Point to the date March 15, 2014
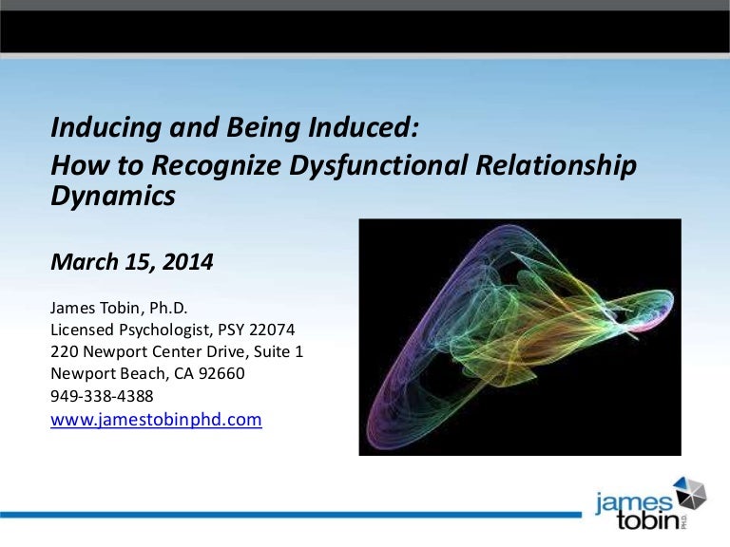tap(131, 262)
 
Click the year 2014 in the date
tap(188, 262)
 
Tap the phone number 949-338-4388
tap(102, 396)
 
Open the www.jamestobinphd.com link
tap(155, 419)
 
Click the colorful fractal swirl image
tap(519, 336)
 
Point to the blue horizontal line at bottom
tap(285, 514)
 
